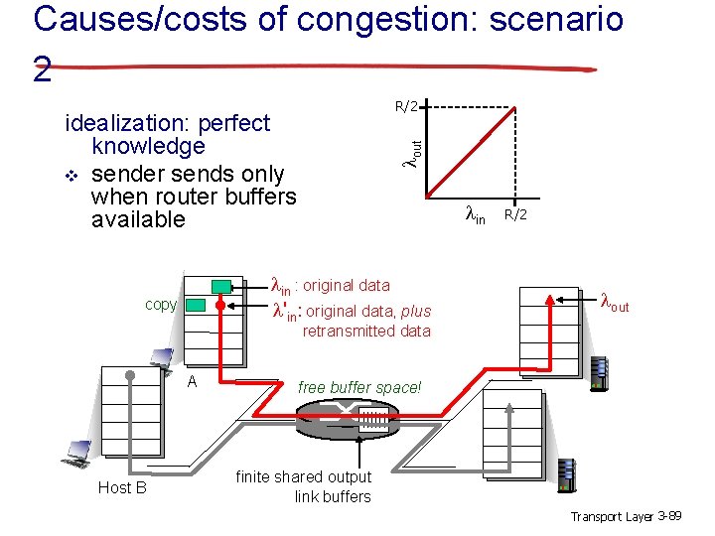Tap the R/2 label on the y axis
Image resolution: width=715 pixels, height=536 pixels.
click(x=407, y=105)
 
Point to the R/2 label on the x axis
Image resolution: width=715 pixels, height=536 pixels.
click(x=515, y=213)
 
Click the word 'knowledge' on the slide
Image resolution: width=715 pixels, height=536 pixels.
click(x=147, y=147)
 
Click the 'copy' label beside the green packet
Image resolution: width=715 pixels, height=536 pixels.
click(x=161, y=304)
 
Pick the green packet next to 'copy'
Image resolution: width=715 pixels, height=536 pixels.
click(x=197, y=305)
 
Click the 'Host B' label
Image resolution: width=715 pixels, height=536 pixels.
click(x=122, y=487)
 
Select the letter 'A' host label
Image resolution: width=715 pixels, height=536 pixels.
click(x=192, y=382)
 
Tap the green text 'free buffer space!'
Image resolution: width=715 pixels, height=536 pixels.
click(x=359, y=387)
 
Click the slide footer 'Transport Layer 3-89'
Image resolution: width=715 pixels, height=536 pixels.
click(x=625, y=516)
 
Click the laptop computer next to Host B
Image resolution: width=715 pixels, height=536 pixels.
click(x=75, y=453)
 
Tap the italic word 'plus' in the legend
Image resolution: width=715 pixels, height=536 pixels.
click(x=416, y=311)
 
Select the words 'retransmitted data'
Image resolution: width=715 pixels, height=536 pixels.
click(x=366, y=331)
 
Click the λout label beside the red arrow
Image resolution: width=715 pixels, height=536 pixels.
click(x=615, y=302)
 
